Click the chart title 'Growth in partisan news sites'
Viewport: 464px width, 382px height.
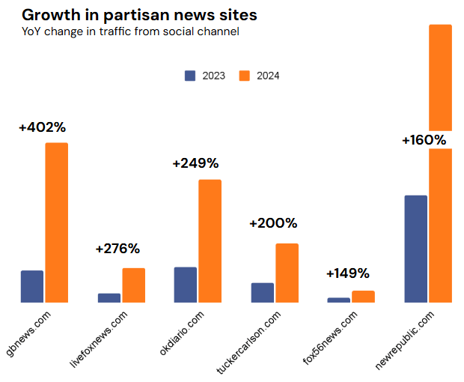[139, 14]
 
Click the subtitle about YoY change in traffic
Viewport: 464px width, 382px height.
[130, 31]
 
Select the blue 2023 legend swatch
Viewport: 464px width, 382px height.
[190, 76]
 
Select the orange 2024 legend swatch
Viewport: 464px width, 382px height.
[244, 76]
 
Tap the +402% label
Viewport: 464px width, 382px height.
[43, 127]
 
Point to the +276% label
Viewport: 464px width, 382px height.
[117, 249]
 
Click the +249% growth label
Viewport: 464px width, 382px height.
[195, 163]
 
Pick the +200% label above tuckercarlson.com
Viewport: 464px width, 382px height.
[273, 223]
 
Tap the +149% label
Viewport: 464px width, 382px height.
[348, 273]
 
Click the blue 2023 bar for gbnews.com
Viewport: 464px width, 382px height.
[32, 286]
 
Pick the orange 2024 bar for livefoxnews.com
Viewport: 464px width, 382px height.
[134, 285]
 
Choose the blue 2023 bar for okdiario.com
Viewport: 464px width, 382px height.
[186, 285]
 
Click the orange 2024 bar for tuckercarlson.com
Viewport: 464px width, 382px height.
[287, 273]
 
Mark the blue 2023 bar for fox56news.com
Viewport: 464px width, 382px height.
[338, 300]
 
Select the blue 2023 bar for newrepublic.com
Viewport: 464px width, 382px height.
[415, 249]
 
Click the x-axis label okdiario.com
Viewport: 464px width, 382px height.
[182, 335]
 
